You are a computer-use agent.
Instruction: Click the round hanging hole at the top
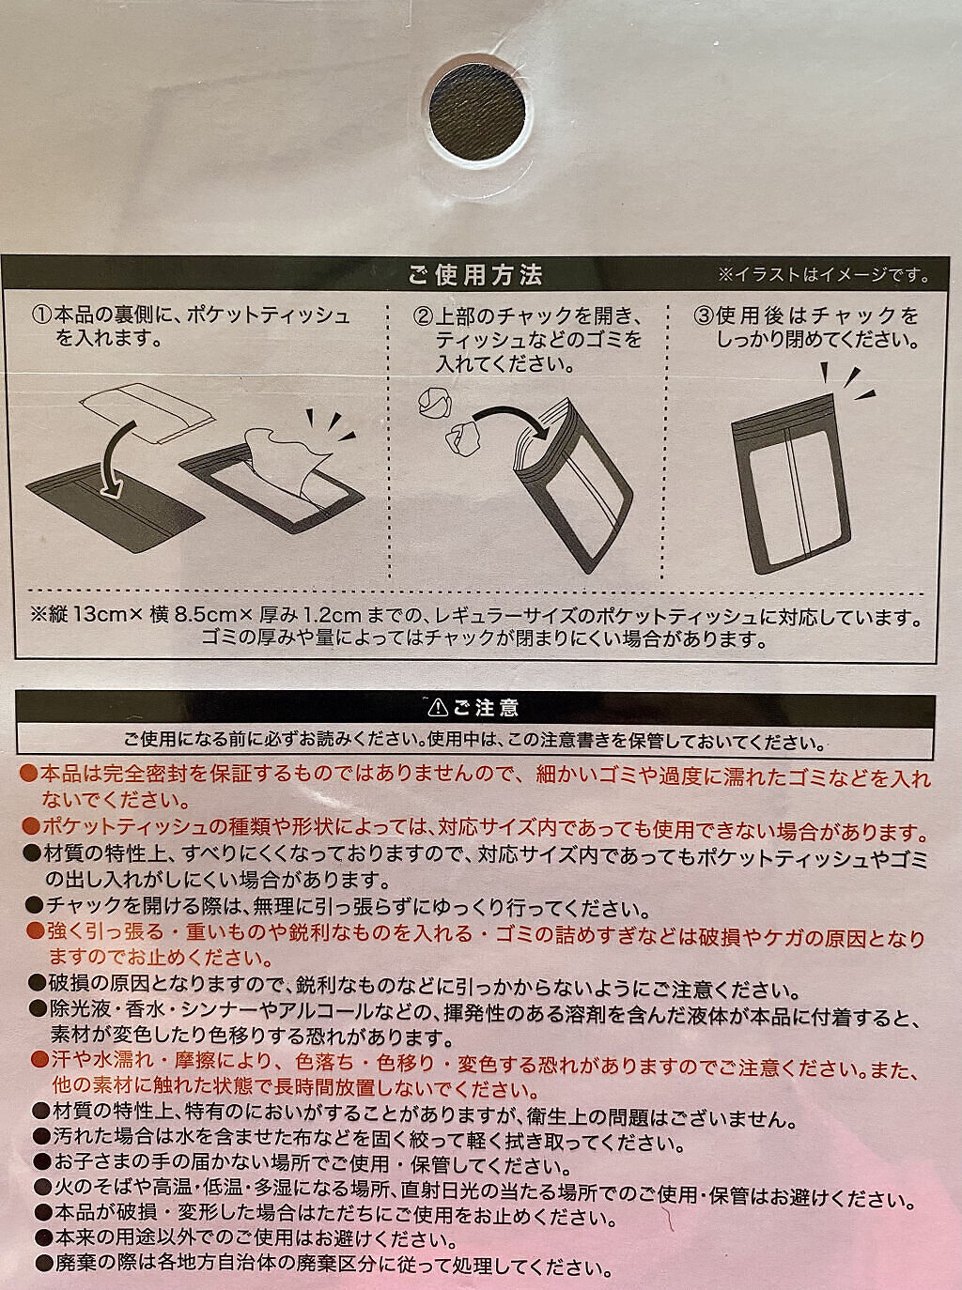(477, 112)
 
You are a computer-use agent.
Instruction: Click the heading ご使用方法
(475, 276)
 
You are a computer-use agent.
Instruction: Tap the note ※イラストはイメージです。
(823, 275)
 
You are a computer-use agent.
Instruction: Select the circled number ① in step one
(41, 315)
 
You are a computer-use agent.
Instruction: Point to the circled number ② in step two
(422, 316)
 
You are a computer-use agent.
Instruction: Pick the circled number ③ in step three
(704, 316)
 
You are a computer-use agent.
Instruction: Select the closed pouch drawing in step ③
(791, 484)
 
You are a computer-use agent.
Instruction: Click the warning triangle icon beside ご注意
(438, 708)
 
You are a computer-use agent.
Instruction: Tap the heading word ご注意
(486, 708)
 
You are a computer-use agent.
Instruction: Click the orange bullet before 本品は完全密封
(28, 774)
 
